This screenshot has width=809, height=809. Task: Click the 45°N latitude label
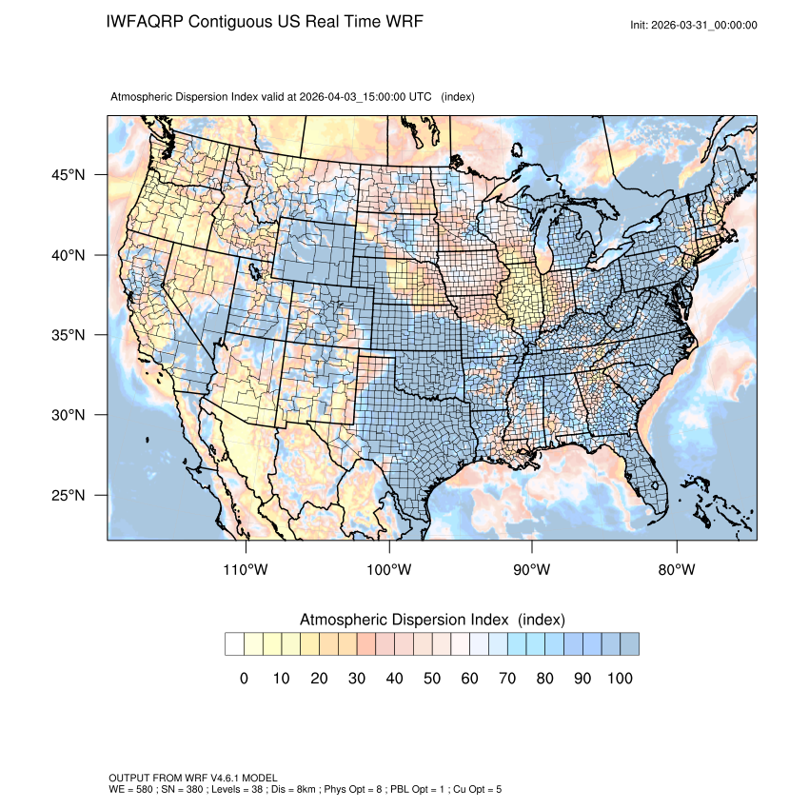coord(68,175)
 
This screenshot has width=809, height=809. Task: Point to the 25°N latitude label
coord(68,495)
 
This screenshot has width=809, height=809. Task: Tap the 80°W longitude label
coord(677,570)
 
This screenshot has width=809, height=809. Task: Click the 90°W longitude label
coord(532,570)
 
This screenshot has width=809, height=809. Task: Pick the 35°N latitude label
coord(68,335)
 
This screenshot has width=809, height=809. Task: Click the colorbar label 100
coord(620,679)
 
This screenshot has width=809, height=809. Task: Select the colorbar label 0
coord(244,679)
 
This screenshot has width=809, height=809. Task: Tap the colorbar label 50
coord(432,679)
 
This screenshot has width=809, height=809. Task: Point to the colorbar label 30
coord(357,679)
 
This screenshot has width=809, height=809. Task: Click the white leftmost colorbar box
coord(234,644)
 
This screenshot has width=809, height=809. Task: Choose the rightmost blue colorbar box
coord(629,644)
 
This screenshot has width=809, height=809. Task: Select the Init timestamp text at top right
coord(694,26)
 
